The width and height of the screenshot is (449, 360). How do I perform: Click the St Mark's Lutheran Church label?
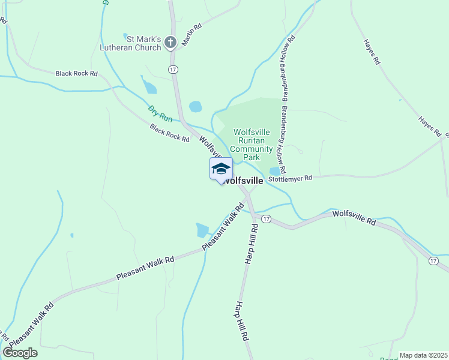[143, 42]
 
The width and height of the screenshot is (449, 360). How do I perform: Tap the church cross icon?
[170, 42]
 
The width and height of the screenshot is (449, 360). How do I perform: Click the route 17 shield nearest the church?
[173, 70]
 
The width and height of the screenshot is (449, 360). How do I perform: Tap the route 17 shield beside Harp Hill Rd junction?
[267, 220]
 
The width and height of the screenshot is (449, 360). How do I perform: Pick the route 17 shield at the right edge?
[433, 260]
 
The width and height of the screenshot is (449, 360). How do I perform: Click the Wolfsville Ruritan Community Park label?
[252, 145]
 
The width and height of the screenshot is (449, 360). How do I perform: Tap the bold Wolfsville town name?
[244, 180]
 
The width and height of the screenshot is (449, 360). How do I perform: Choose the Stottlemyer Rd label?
[291, 178]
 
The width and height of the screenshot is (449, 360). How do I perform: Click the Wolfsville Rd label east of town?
[354, 217]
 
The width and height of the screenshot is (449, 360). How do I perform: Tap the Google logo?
[20, 353]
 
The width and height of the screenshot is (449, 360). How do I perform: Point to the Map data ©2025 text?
[424, 355]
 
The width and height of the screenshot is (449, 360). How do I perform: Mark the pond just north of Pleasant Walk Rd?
[202, 230]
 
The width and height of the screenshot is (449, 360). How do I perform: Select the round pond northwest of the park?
[196, 107]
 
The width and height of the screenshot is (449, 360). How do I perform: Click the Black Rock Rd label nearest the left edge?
[76, 73]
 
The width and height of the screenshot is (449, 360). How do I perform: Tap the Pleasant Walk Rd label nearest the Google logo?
[31, 323]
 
